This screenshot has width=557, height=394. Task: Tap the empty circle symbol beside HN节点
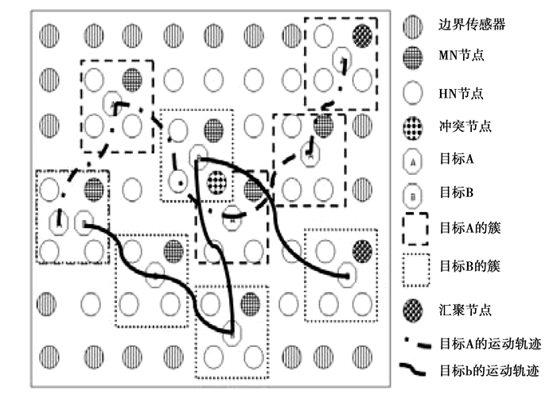(x=414, y=93)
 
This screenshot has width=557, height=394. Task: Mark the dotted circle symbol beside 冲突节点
(x=414, y=126)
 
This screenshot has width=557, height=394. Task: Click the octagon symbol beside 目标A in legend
(x=414, y=160)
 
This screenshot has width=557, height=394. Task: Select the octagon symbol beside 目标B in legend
(x=414, y=193)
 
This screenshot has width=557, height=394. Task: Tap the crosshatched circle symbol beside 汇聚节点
(x=414, y=307)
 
